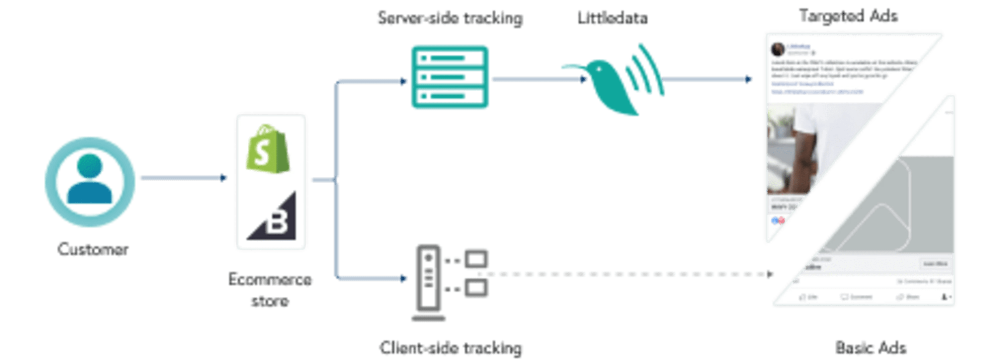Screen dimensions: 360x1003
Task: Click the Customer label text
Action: click(x=93, y=249)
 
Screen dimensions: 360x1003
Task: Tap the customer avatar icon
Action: click(x=90, y=182)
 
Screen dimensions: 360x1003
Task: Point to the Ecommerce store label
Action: click(x=270, y=290)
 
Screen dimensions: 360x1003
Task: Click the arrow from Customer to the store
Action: click(x=183, y=178)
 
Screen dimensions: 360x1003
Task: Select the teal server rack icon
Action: click(x=450, y=77)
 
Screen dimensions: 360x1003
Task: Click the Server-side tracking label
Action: click(x=450, y=18)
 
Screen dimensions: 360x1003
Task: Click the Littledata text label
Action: click(x=612, y=18)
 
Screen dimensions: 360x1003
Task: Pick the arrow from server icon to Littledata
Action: click(x=539, y=79)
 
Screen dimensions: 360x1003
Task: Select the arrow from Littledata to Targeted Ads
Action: click(x=707, y=79)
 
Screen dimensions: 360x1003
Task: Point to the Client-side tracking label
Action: click(x=451, y=347)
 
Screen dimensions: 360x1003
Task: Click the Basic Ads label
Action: click(x=870, y=347)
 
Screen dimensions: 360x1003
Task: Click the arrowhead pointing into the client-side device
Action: click(x=403, y=278)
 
